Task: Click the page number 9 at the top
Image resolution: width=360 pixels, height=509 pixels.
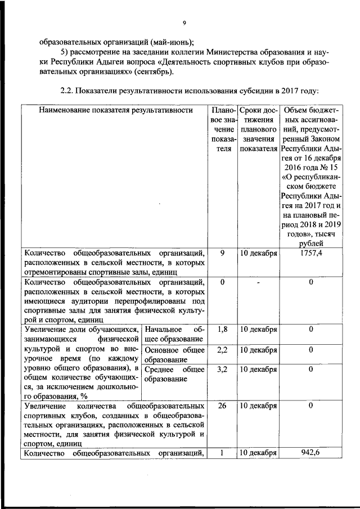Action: point(184,22)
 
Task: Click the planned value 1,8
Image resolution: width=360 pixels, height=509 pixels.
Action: point(222,328)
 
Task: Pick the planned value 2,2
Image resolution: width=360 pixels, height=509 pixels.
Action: point(222,350)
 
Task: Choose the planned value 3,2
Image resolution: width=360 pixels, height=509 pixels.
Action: point(222,370)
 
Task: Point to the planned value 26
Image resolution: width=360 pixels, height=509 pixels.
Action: point(222,405)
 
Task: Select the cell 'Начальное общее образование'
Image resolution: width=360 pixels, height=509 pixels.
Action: point(173,334)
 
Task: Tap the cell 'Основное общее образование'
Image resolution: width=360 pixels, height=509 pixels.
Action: point(173,354)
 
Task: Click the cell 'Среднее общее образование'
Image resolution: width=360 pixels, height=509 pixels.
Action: point(173,374)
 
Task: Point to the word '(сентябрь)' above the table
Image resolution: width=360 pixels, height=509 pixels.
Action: point(155,71)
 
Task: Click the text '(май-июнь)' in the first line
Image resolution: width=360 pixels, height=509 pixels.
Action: point(172,42)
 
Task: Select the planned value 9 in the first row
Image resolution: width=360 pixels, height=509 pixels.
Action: point(222,253)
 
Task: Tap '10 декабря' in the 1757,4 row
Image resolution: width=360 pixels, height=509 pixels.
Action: point(258,253)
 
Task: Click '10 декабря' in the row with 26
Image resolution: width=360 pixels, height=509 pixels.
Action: point(258,405)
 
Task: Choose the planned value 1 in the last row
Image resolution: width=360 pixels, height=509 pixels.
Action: point(222,453)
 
